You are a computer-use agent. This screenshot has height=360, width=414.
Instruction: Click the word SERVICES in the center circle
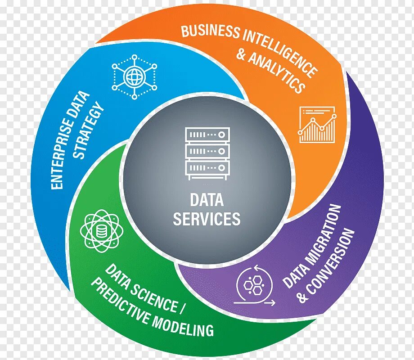coord(207,219)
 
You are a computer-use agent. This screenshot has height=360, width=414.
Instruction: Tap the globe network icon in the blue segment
coord(135,76)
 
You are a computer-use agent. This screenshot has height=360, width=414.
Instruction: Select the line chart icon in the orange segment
coord(317,125)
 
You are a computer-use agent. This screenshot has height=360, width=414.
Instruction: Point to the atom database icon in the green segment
coord(102,231)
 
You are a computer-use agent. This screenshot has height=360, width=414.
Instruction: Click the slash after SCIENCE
coord(182,310)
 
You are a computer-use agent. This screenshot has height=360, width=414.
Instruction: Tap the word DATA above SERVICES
coord(207,200)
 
